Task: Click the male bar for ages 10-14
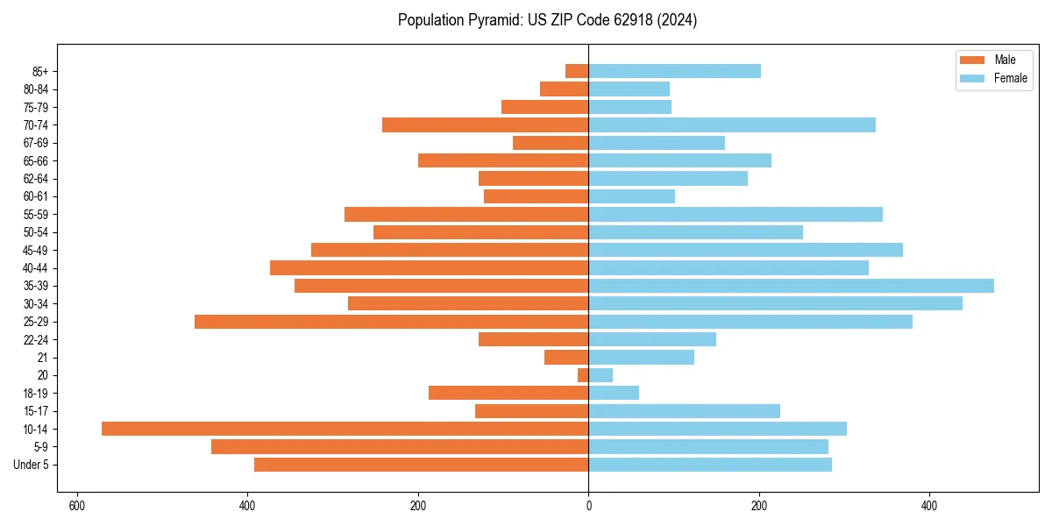[x=345, y=429]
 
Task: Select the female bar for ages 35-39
[x=791, y=286]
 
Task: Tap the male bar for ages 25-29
[x=391, y=322]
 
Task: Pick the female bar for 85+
[x=674, y=71]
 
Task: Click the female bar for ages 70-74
[x=732, y=125]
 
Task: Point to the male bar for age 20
[x=583, y=375]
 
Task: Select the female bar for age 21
[x=641, y=358]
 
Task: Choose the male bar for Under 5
[x=421, y=465]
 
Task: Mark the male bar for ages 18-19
[x=508, y=393]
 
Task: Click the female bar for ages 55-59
[x=736, y=215]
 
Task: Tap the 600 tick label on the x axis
[x=77, y=506]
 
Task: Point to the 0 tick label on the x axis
[x=588, y=506]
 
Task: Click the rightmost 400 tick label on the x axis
[x=929, y=506]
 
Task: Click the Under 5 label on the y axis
[x=31, y=465]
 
